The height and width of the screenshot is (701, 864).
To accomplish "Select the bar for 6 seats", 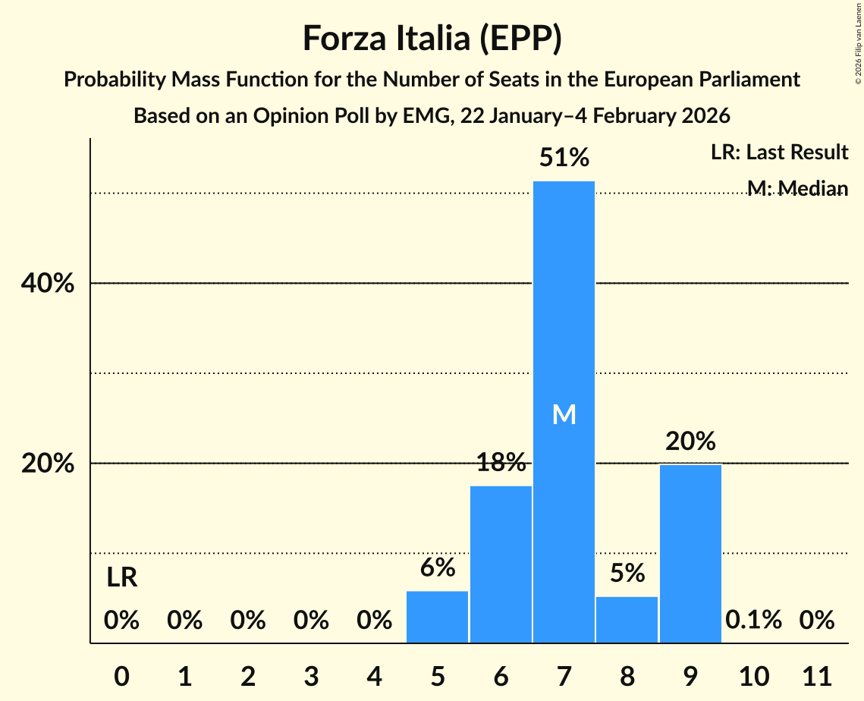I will click(x=501, y=564).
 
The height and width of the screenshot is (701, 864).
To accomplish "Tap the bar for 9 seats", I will click(x=690, y=554).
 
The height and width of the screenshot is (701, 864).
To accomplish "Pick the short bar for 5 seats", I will click(x=438, y=617).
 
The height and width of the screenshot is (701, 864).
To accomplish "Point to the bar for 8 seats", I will click(x=627, y=620).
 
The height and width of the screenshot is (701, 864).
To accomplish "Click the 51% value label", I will click(x=564, y=158).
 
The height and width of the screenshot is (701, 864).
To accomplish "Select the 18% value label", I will click(x=501, y=462).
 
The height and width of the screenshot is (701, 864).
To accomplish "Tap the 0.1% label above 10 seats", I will click(x=753, y=620).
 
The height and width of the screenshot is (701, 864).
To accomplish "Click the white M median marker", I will click(x=564, y=414).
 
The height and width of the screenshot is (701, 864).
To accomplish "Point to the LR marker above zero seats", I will click(x=121, y=578).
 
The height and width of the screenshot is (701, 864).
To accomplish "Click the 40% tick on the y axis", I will click(x=47, y=284).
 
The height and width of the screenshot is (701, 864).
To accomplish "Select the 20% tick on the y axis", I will click(x=47, y=464).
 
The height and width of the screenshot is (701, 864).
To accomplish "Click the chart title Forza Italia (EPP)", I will click(x=432, y=38).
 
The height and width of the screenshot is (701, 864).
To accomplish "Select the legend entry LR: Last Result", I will click(x=779, y=152).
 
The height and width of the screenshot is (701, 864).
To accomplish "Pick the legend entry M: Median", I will click(x=796, y=188).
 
